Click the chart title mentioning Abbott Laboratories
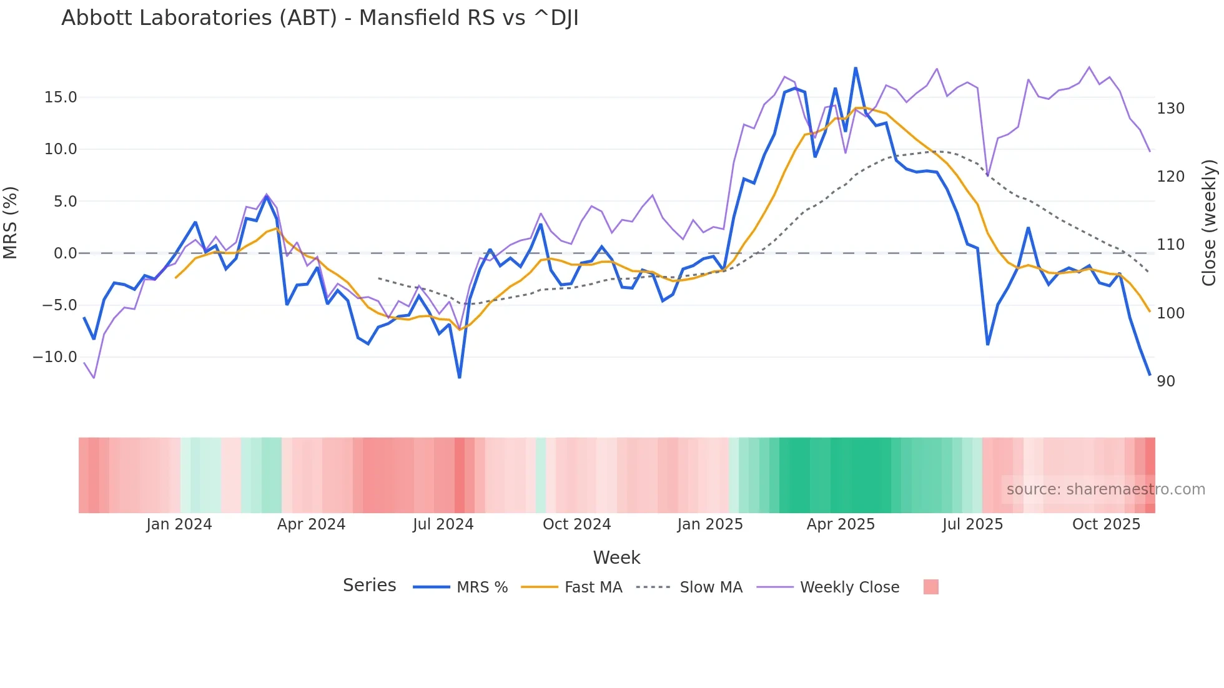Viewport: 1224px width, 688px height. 320,18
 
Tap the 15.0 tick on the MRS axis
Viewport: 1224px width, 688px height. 61,97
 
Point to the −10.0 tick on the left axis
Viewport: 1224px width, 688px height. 55,357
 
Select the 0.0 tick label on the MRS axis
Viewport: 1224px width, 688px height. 65,253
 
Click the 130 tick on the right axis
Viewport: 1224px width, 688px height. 1170,109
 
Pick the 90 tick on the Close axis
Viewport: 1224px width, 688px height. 1166,381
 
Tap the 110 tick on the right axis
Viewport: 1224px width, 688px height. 1170,245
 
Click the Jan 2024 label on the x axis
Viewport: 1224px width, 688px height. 179,524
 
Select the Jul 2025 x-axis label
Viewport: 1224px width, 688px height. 972,524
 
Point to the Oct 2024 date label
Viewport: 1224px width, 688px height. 576,524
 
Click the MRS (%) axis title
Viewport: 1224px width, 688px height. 11,222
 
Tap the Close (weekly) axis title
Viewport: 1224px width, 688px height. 1209,222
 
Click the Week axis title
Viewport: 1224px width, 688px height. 616,558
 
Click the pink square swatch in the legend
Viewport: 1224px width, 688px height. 930,587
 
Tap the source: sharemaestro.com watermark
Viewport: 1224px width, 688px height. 1105,489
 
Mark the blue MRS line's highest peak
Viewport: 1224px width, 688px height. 856,68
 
